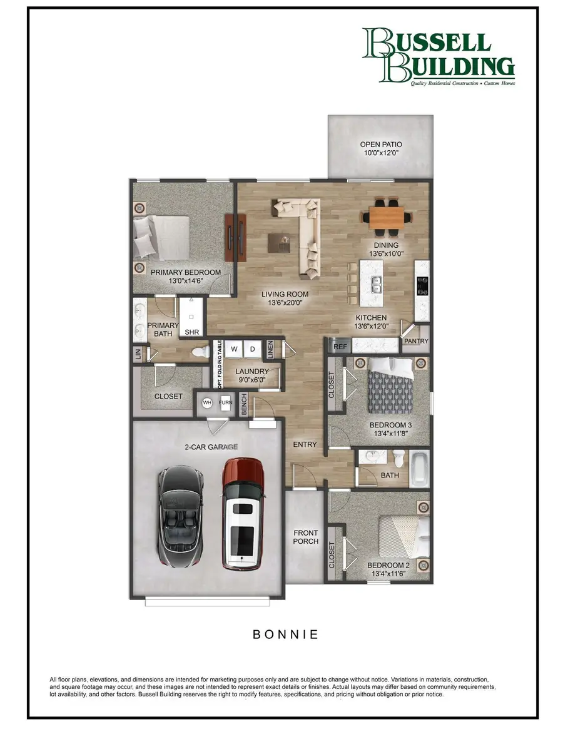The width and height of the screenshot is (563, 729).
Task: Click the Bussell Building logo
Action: coord(438,56)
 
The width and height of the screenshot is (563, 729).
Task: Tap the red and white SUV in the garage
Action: coord(243,514)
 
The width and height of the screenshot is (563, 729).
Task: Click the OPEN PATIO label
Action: coord(380,145)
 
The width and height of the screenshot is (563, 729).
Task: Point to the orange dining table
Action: coord(386,217)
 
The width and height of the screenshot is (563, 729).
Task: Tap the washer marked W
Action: coord(235,349)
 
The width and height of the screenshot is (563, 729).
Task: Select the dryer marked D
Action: coord(252,349)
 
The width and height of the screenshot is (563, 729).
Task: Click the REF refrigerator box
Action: coord(340,346)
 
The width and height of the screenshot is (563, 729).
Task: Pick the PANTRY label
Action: coord(415,342)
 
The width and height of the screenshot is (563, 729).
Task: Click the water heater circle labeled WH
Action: coord(207,403)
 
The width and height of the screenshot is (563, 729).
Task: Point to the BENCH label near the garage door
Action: coord(244,404)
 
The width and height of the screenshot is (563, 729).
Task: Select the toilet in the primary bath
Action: coord(201,352)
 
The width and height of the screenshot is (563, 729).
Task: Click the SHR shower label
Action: coord(191,332)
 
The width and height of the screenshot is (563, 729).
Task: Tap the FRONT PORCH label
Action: coord(306,536)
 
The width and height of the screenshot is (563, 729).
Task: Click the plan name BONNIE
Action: coord(285,634)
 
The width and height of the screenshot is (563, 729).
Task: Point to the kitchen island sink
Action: coord(377,285)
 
